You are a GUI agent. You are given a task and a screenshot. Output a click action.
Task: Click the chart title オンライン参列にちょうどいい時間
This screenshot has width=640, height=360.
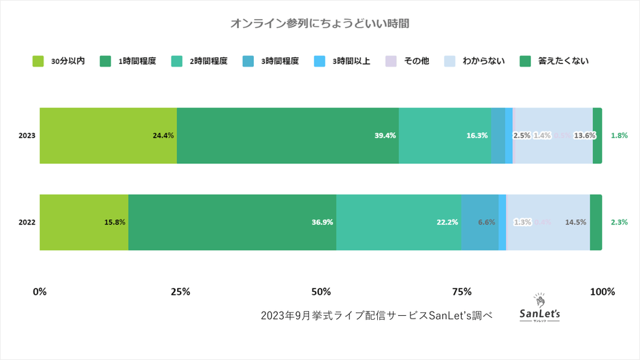point(319,24)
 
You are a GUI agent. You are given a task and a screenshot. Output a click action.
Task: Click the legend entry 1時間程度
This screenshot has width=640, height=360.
point(129,61)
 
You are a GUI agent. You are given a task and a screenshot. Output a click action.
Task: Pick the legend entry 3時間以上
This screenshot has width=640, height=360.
point(342,61)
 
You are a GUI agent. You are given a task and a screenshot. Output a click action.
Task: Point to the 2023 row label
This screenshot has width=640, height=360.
point(27,135)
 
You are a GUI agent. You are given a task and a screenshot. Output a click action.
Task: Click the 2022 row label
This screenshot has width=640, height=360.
point(27,222)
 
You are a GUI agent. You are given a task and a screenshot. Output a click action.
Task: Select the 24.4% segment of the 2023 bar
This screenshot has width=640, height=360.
point(108,135)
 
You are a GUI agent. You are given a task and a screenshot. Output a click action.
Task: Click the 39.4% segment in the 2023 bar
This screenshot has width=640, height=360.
point(287,135)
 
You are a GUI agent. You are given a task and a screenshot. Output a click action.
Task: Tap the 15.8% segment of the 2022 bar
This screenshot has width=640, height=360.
point(84,222)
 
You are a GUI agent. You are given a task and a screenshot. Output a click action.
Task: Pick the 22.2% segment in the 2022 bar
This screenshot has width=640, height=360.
point(398,222)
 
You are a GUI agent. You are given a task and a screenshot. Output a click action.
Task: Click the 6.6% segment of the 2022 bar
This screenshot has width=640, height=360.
point(480,222)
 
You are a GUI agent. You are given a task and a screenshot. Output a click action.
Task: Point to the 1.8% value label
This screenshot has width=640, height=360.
point(620,135)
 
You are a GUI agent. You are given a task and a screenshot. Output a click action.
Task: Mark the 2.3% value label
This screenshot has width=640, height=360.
point(620,222)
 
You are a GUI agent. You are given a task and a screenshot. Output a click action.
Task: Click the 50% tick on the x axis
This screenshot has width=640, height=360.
point(321,292)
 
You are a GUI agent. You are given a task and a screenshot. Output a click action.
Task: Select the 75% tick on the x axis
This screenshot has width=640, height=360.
point(462,292)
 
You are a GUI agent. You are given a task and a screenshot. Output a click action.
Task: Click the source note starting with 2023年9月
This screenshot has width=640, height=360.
point(377,316)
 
